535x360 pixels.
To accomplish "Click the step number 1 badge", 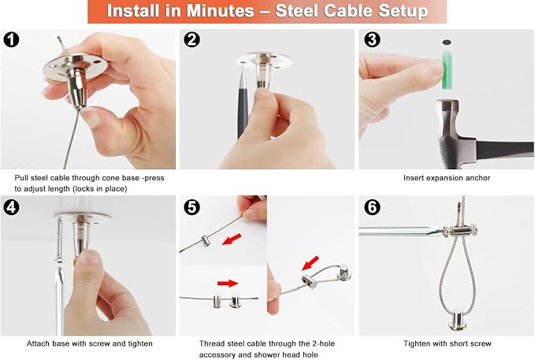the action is pyautogui.click(x=11, y=39).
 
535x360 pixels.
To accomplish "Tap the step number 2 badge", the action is pyautogui.click(x=191, y=39).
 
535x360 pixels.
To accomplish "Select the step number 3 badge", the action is pyautogui.click(x=372, y=39).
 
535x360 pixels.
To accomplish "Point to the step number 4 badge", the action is pyautogui.click(x=11, y=207).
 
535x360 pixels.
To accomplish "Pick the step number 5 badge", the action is pyautogui.click(x=191, y=207).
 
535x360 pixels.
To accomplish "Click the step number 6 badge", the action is pyautogui.click(x=372, y=207).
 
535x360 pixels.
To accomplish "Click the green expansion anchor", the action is pyautogui.click(x=447, y=69).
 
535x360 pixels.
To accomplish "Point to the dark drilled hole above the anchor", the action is pyautogui.click(x=447, y=43).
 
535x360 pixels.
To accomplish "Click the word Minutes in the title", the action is pyautogui.click(x=220, y=11).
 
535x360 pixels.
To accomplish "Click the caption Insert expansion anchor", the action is pyautogui.click(x=447, y=178).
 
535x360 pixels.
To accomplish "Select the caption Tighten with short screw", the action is pyautogui.click(x=447, y=343).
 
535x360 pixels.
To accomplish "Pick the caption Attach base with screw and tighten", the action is pyautogui.click(x=89, y=343).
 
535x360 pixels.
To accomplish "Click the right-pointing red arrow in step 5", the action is pyautogui.click(x=228, y=283).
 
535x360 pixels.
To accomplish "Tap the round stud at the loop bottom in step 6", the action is pyautogui.click(x=457, y=321).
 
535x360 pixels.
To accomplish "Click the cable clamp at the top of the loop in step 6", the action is pyautogui.click(x=460, y=231).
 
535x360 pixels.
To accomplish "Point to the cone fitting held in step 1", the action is pyautogui.click(x=78, y=87).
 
